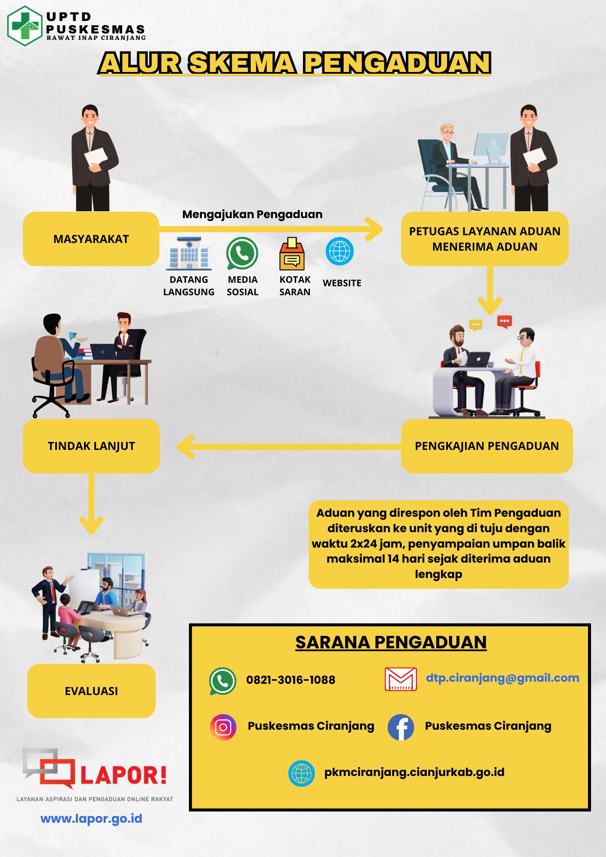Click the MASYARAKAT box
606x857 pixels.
click(91, 239)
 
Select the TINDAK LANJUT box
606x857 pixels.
click(91, 446)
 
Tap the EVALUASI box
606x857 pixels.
click(91, 691)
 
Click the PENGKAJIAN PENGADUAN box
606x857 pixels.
click(486, 446)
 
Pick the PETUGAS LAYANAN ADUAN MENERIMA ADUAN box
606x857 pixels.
click(485, 239)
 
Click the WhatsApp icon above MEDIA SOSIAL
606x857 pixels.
click(242, 253)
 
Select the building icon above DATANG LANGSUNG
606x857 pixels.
click(189, 253)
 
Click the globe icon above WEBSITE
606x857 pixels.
click(339, 251)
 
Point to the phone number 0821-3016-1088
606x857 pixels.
click(291, 680)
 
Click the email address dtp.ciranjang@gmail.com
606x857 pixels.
click(502, 678)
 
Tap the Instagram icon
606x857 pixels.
click(223, 727)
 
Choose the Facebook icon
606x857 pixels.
click(401, 727)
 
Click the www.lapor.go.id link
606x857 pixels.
click(91, 819)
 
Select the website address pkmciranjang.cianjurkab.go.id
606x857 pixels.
click(414, 772)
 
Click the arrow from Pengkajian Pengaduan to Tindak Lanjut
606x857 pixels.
click(287, 447)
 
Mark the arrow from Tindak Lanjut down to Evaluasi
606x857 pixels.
click(91, 503)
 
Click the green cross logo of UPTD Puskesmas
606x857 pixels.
click(25, 26)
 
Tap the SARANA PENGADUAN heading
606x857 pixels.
click(391, 642)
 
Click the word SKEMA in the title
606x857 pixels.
click(242, 63)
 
